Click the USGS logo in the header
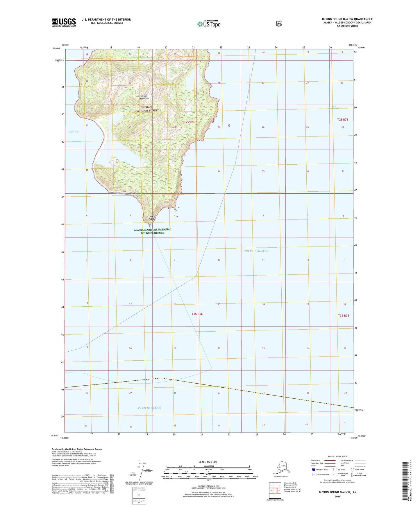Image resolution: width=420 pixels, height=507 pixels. click(x=64, y=22)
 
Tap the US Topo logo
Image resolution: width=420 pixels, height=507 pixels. click(x=208, y=24)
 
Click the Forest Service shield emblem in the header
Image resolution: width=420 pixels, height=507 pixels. click(x=279, y=24)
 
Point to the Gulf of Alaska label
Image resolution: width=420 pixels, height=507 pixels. click(x=256, y=251)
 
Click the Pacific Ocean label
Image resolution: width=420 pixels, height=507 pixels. click(x=149, y=408)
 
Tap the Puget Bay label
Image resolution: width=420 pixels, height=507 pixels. click(x=73, y=132)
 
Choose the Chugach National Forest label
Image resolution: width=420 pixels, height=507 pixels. click(x=147, y=109)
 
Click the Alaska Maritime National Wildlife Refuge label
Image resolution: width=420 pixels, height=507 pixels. click(x=153, y=231)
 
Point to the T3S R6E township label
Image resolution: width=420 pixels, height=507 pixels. click(x=197, y=314)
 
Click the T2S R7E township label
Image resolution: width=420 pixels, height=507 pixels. click(x=342, y=120)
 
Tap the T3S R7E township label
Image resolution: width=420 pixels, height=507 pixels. click(x=343, y=315)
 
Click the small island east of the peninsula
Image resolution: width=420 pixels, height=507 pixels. click(x=229, y=125)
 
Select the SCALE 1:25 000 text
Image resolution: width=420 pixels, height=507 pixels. click(x=208, y=462)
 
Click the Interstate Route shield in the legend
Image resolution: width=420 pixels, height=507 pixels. click(x=313, y=470)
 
